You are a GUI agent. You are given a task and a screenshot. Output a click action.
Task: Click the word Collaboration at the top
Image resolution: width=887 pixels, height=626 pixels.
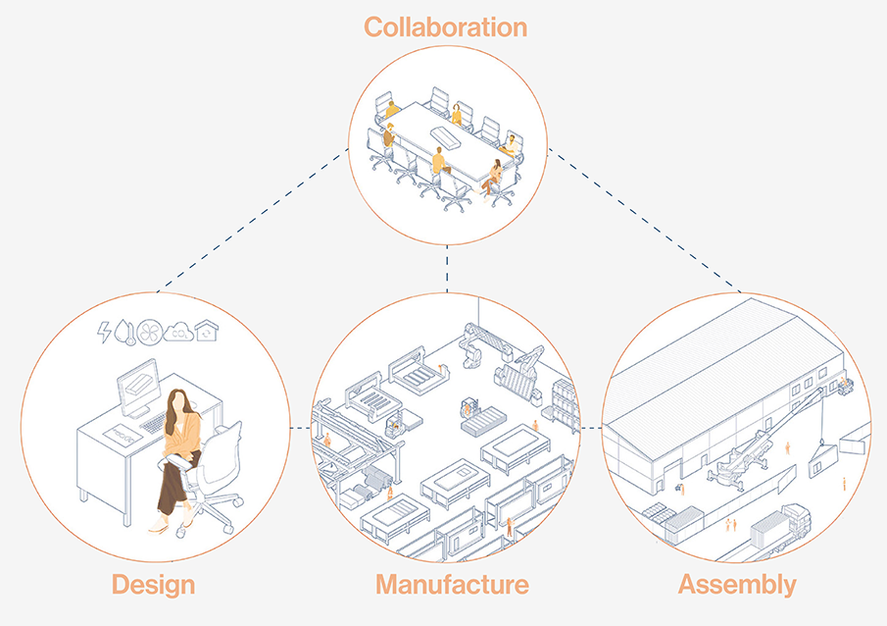coord(446,26)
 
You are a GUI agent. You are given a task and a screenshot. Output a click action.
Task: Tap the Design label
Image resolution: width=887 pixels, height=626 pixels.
coord(153,586)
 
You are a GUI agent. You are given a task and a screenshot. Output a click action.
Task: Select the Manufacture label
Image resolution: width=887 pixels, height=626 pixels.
coord(452,586)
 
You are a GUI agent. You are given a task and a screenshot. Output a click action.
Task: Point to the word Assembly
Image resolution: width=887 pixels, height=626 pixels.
coord(737,586)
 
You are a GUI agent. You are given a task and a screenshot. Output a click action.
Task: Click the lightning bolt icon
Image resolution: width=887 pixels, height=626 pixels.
coord(105,333)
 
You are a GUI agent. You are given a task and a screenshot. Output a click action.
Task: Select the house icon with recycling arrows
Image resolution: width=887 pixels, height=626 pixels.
coord(207,331)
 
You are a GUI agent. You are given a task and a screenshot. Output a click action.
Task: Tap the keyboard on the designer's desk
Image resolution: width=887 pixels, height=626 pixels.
coord(156,422)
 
